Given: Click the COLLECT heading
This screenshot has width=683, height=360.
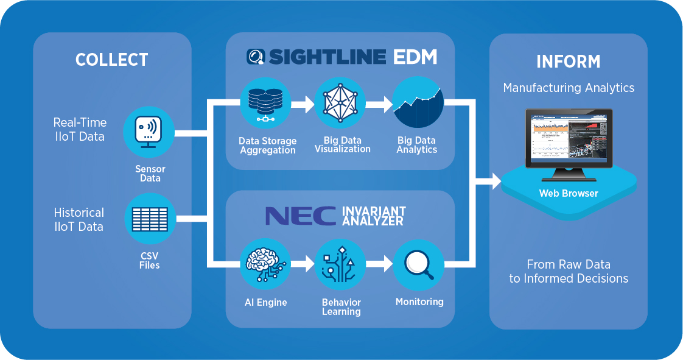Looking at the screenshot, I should (x=111, y=60).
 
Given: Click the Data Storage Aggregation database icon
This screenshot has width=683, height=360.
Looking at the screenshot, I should (x=266, y=104).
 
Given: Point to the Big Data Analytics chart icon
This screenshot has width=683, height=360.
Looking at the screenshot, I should (x=417, y=104).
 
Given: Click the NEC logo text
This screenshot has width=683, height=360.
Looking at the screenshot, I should (x=300, y=216).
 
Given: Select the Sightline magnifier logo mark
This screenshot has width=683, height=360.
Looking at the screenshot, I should (x=256, y=57).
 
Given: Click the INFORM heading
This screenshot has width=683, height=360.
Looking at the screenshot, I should (x=568, y=62).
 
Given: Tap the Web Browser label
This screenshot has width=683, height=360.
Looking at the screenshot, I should (x=569, y=194).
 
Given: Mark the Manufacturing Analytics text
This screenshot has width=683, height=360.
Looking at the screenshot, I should (x=569, y=88).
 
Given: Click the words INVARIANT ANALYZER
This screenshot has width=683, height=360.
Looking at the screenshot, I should (x=374, y=216).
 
